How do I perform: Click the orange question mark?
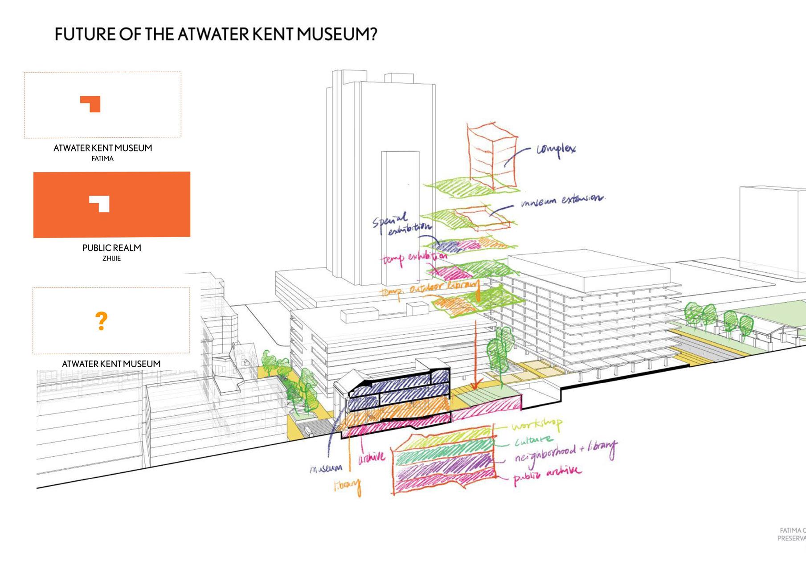[x=102, y=321]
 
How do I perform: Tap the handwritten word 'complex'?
[x=556, y=149]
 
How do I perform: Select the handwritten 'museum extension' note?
[x=563, y=200]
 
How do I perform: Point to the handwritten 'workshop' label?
[x=536, y=425]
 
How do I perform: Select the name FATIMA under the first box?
[x=102, y=159]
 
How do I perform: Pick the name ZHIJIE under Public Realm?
[x=111, y=258]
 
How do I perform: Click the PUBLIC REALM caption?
[x=111, y=248]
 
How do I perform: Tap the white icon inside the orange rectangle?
[x=99, y=204]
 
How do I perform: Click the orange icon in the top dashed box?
[x=90, y=104]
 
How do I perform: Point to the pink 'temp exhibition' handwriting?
[x=414, y=258]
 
